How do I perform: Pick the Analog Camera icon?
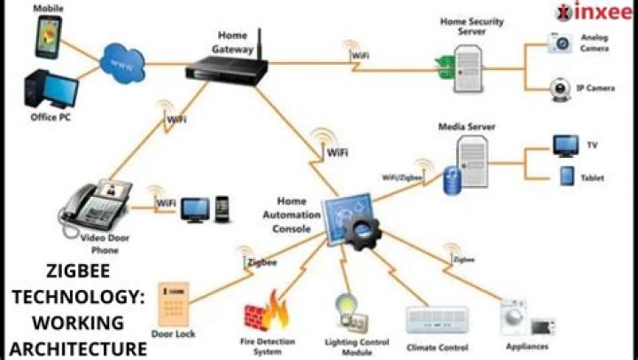[x=561, y=43]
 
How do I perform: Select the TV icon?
[x=565, y=145]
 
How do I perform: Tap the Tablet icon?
[x=566, y=176]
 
